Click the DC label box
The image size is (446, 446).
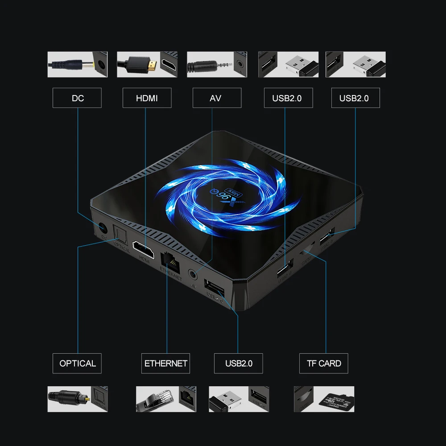tap(77, 98)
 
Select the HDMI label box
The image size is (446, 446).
tap(147, 98)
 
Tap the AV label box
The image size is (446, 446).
tap(216, 98)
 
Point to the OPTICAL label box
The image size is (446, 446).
tap(77, 363)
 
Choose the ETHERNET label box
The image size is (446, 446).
tap(166, 363)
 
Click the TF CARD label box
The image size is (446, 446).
tap(323, 363)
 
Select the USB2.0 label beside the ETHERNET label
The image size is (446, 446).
tap(238, 363)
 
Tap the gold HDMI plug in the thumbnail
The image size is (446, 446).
tap(152, 65)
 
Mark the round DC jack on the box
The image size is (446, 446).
tap(103, 227)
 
